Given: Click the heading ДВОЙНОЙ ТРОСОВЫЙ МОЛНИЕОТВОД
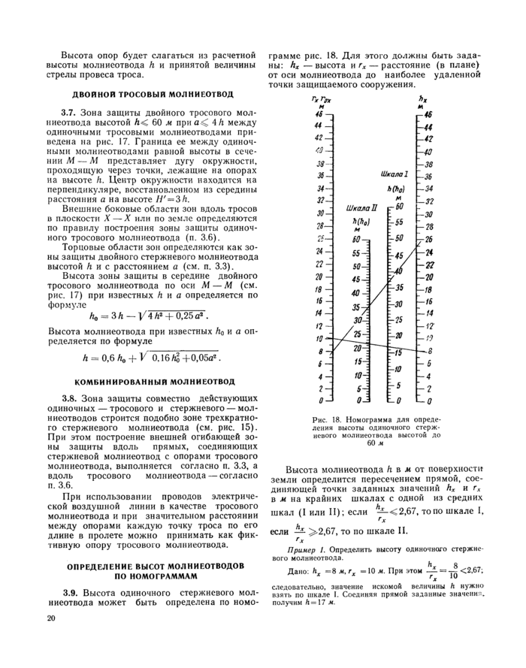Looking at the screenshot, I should pyautogui.click(x=153, y=95).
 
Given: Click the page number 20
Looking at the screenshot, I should pyautogui.click(x=50, y=618).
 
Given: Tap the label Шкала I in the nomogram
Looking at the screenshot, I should pyautogui.click(x=394, y=174).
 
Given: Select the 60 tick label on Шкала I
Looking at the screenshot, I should pyautogui.click(x=400, y=207).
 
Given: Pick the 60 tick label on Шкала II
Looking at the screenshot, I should pyautogui.click(x=357, y=238).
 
